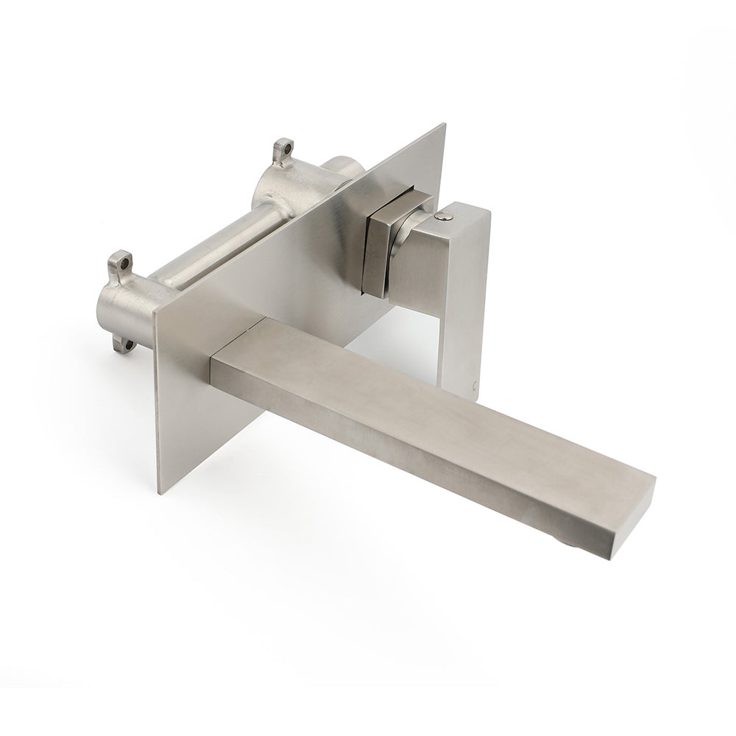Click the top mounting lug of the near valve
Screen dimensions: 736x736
121,263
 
